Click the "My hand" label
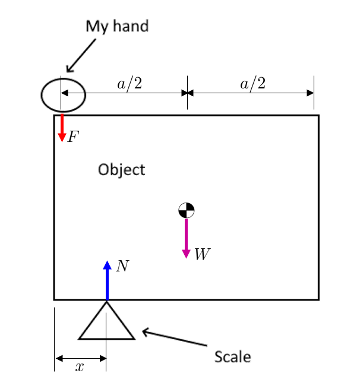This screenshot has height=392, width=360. point(117,27)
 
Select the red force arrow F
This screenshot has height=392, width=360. point(61,128)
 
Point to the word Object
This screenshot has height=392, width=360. point(121,170)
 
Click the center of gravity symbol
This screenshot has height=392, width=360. point(186,210)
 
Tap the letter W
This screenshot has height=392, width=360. point(202,255)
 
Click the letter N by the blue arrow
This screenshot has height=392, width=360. point(122,266)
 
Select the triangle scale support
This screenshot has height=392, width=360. point(107,324)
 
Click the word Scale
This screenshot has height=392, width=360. point(232,358)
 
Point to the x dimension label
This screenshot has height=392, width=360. point(80,368)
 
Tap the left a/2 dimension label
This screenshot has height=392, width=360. point(130,84)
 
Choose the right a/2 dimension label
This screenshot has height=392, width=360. point(252,84)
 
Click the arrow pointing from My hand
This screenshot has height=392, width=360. point(81,55)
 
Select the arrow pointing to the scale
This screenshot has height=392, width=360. point(175,338)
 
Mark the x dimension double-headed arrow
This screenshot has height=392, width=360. point(80,358)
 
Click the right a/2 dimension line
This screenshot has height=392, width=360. point(251,93)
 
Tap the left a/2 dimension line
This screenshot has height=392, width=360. point(124,93)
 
